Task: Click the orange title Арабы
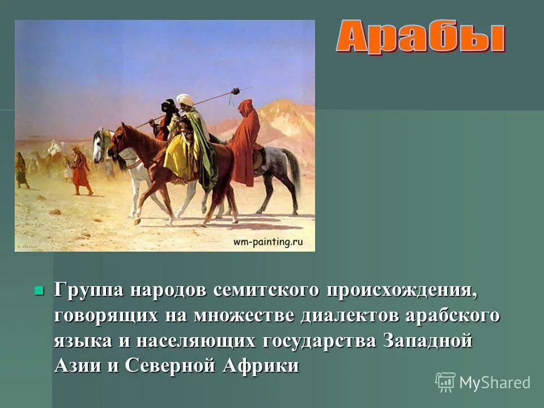click(420, 37)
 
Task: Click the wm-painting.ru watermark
click(268, 242)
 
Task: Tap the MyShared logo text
click(494, 382)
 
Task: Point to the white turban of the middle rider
click(184, 100)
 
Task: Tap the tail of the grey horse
click(293, 170)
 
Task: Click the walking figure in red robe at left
click(80, 170)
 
